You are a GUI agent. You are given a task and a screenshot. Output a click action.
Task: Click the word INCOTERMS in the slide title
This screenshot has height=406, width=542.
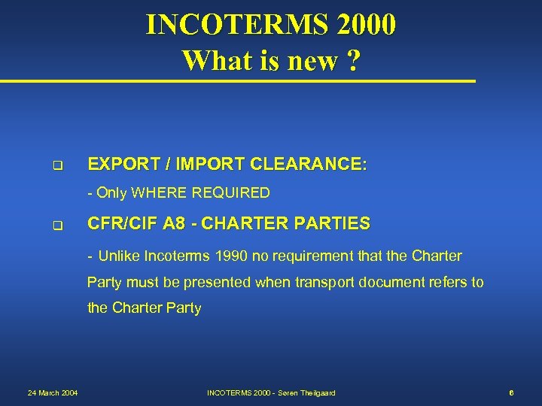pyautogui.click(x=236, y=25)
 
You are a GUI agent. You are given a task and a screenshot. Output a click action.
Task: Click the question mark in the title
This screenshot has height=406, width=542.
pyautogui.click(x=351, y=60)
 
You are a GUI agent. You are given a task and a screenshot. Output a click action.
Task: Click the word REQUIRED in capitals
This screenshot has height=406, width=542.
pyautogui.click(x=232, y=193)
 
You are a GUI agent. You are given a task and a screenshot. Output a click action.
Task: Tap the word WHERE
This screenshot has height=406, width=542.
pyautogui.click(x=160, y=193)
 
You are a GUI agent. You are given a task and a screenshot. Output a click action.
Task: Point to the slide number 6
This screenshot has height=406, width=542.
pyautogui.click(x=511, y=392)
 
